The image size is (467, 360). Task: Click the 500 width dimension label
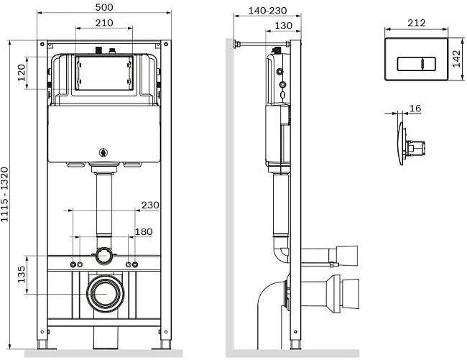tap(104, 7)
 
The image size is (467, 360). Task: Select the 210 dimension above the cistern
tap(104, 23)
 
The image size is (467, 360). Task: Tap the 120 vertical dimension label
tap(22, 73)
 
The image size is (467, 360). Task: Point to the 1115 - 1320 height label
tap(4, 195)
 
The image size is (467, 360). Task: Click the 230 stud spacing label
tap(150, 206)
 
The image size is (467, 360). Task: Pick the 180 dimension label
tap(144, 231)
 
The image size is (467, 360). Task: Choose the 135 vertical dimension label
tap(22, 274)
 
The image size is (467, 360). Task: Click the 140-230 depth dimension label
tap(268, 11)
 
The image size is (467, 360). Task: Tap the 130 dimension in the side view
tap(283, 26)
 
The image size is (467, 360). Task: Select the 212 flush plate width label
tap(417, 23)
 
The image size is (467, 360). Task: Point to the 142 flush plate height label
tap(456, 59)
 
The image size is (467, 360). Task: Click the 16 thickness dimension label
tap(415, 109)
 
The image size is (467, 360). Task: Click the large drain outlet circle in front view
tap(106, 294)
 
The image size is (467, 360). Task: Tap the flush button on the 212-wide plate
tap(417, 64)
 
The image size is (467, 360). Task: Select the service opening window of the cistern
tap(104, 73)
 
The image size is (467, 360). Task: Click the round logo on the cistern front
tap(103, 153)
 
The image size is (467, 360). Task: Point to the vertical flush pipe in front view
tap(104, 206)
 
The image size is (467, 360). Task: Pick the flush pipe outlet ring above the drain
tap(103, 256)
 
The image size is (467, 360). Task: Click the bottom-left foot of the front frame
tap(42, 345)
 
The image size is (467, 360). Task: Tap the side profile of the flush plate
tap(401, 143)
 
